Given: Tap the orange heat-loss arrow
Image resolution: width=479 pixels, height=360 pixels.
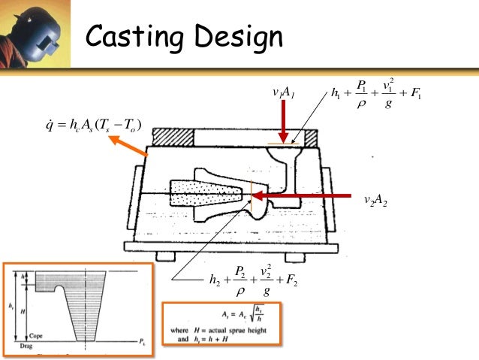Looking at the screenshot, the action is [x=129, y=147].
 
